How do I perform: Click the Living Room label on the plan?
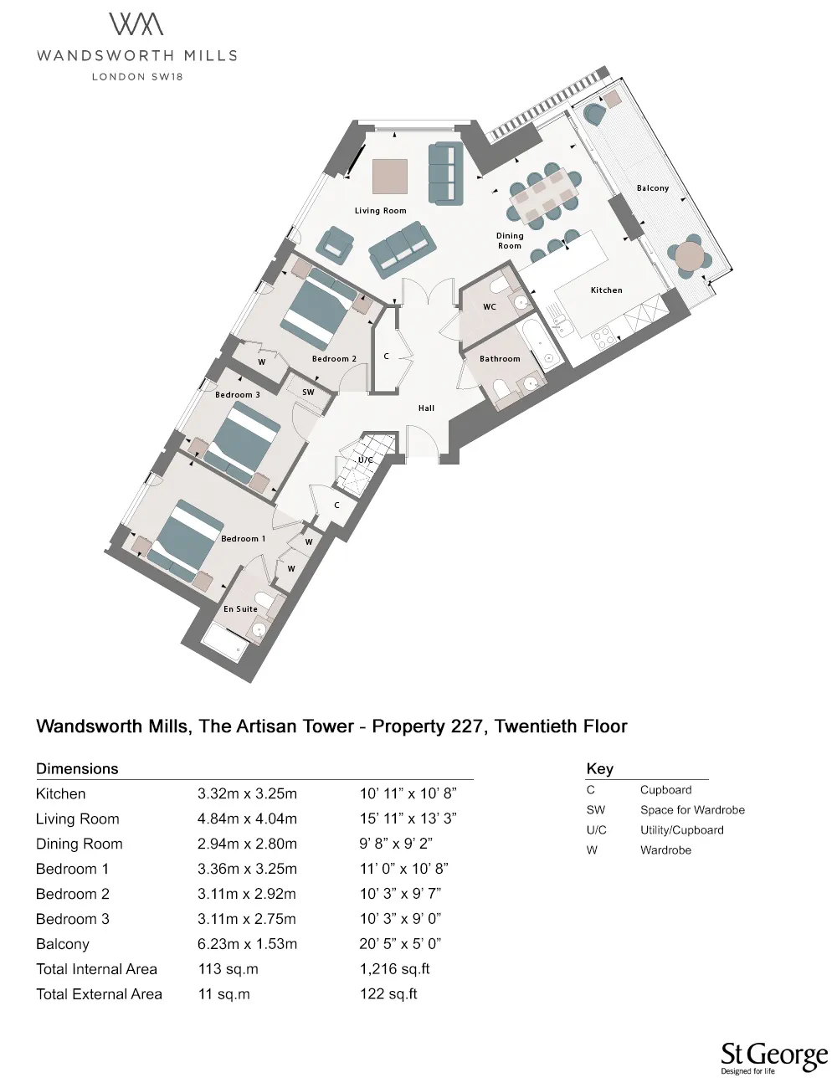coord(380,211)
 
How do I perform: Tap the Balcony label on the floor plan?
coord(653,188)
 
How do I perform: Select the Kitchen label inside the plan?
coord(606,290)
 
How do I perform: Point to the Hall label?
coord(427,408)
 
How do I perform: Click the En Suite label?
coord(240,609)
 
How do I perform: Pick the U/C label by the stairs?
coord(366,460)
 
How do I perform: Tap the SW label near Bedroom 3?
coord(308,392)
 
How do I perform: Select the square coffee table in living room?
coord(390,177)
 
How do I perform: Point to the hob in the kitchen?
coord(602,338)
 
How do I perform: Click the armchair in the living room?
coord(335,243)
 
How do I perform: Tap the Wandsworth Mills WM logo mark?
coord(136,25)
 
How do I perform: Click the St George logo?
coord(773,1058)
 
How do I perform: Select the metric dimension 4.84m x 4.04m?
coord(247,819)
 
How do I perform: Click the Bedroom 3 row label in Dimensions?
coord(73,919)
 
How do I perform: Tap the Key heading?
coord(599,768)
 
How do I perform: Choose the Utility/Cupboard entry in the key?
coord(681,830)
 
